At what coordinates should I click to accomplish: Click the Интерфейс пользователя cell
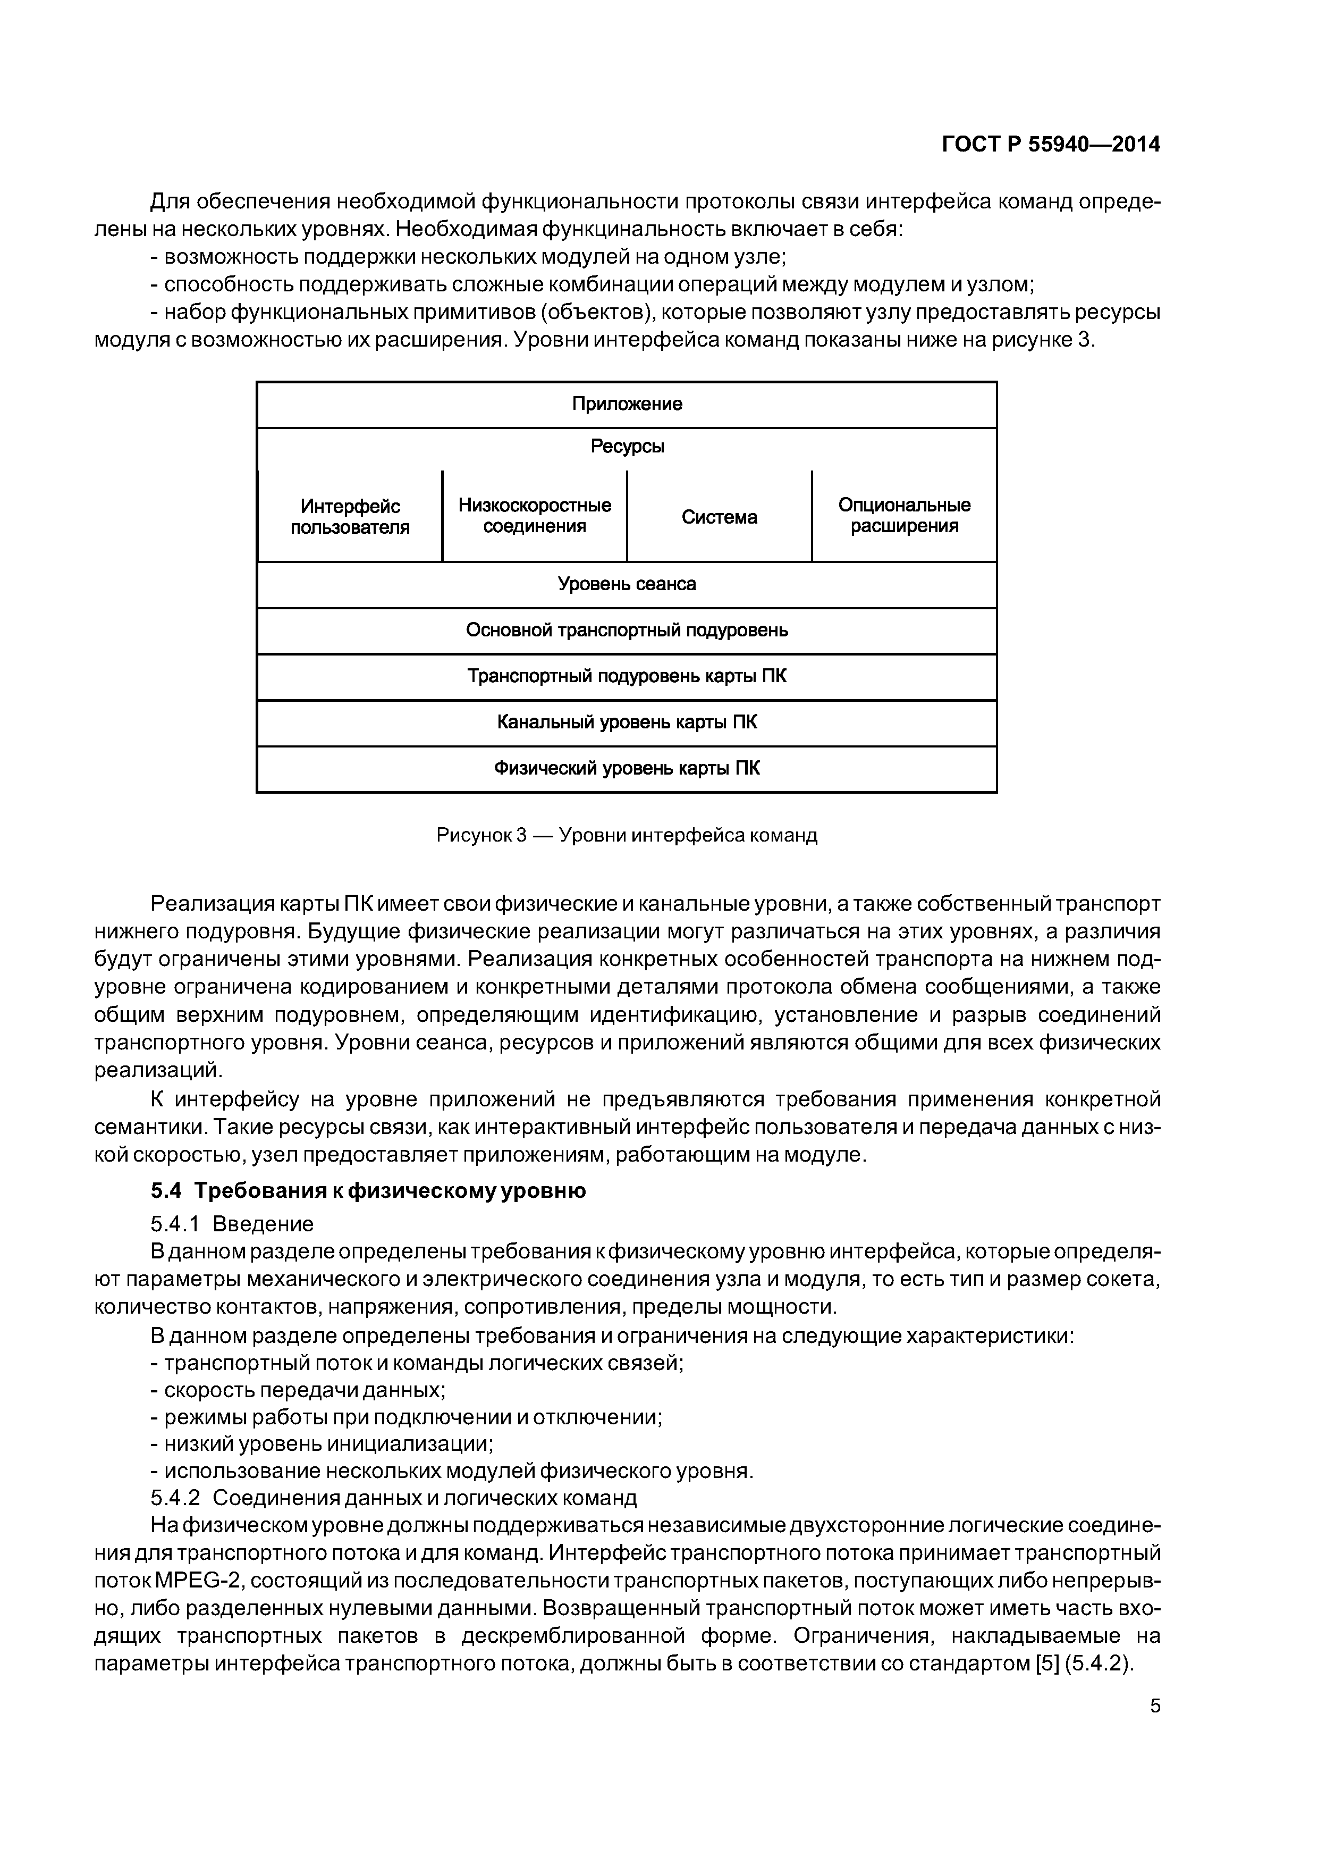pyautogui.click(x=350, y=517)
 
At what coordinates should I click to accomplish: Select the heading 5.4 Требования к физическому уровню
pyautogui.click(x=368, y=1191)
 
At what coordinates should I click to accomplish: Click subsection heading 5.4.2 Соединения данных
pyautogui.click(x=394, y=1497)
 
